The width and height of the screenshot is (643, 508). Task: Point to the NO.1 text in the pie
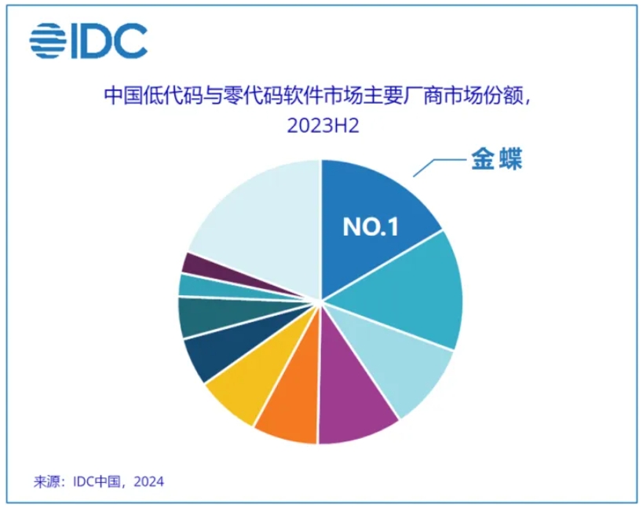pos(371,227)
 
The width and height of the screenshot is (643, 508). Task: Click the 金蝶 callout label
pos(497,159)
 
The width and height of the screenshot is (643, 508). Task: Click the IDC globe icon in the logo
pos(48,41)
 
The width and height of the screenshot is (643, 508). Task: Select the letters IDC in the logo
pos(109,41)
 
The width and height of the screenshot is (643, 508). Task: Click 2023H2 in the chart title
pos(323,125)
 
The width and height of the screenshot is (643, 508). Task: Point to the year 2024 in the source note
pos(149,481)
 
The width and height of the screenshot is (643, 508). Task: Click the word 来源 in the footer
pos(46,481)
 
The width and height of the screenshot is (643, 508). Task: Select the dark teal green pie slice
pos(214,316)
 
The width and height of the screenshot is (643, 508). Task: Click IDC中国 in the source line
pos(97,481)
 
